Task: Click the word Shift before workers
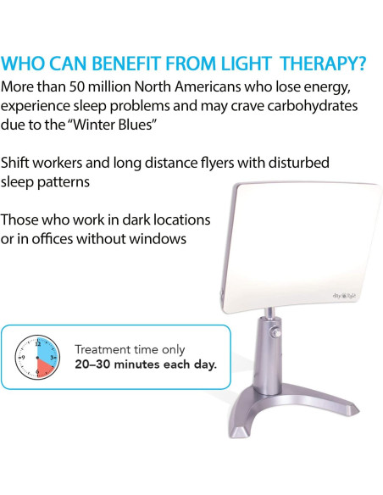tap(19, 162)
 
